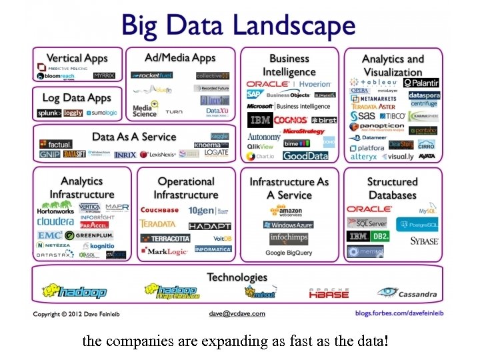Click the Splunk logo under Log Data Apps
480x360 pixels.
coord(49,113)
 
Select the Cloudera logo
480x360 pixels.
coord(55,221)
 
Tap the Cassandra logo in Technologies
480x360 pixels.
coord(407,292)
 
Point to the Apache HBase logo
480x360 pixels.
coord(329,292)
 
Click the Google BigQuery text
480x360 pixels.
coord(289,253)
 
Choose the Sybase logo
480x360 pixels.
coord(424,241)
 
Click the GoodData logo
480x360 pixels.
coord(305,156)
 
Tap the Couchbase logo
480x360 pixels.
coord(159,210)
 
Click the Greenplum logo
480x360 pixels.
coord(89,235)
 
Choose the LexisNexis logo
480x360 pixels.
coord(157,155)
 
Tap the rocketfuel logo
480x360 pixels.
coord(152,75)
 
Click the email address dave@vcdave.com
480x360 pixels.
coord(237,313)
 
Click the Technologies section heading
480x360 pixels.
coord(237,277)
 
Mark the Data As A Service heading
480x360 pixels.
coord(134,137)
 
